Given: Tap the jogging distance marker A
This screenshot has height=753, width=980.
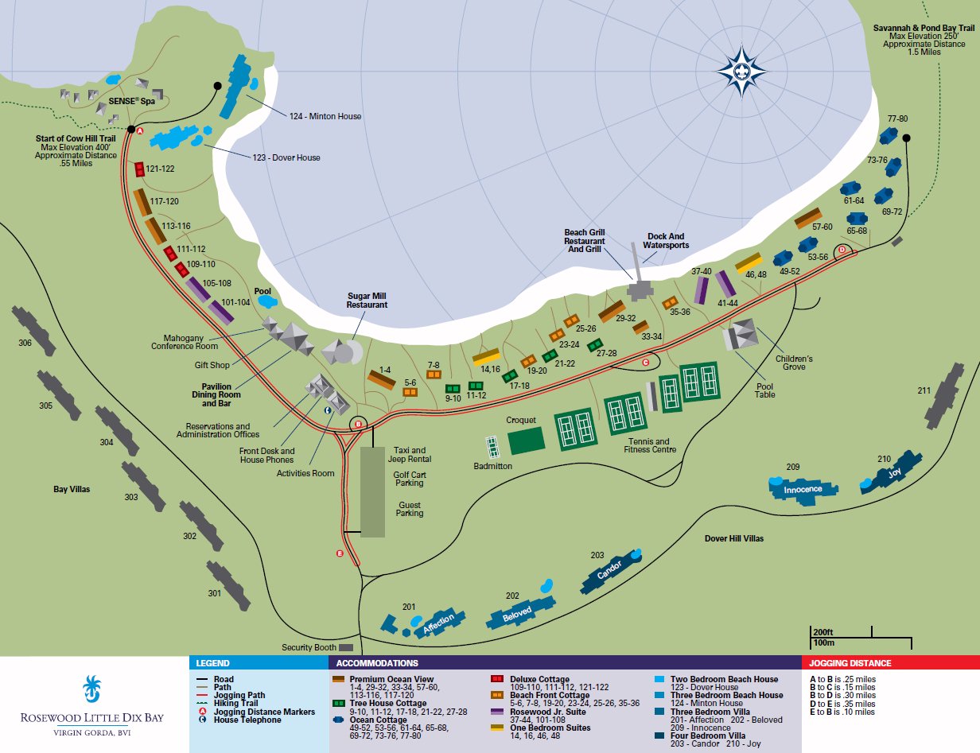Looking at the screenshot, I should [140, 130].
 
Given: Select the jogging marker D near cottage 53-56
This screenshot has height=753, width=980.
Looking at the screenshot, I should [842, 250].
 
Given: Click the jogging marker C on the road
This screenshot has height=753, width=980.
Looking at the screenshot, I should [645, 363].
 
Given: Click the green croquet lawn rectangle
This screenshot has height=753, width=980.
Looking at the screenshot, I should [526, 441].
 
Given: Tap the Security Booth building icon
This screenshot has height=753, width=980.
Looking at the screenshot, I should [346, 648].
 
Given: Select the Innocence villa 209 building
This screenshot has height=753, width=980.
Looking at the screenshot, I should [802, 488].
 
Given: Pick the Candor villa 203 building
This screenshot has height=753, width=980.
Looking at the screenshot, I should [611, 572].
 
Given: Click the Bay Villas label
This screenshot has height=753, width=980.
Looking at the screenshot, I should [72, 489].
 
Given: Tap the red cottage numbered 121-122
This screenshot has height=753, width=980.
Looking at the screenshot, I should [140, 169].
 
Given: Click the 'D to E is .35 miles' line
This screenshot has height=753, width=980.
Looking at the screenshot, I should [842, 704].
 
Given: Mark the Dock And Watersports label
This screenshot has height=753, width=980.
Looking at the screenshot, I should [666, 241].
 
